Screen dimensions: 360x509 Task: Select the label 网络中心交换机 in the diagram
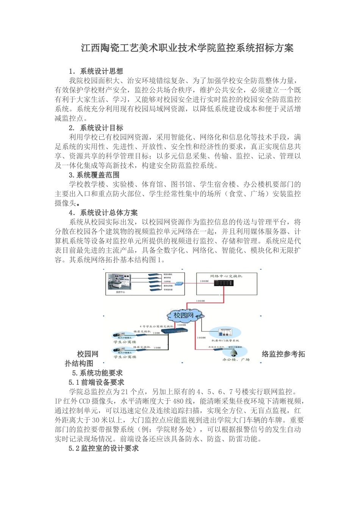point(226,276)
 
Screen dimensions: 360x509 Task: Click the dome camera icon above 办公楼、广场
point(234,353)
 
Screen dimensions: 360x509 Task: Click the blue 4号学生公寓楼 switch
point(174,331)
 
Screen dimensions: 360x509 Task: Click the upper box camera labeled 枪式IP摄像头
point(118,335)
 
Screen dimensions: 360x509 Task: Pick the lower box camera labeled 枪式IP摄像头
point(118,350)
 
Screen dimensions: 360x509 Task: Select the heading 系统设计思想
point(101,71)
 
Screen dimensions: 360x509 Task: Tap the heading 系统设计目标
point(101,128)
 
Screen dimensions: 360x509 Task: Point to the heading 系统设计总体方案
point(108,213)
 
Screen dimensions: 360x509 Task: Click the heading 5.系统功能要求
point(97,373)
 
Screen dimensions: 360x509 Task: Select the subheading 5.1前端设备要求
point(96,383)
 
